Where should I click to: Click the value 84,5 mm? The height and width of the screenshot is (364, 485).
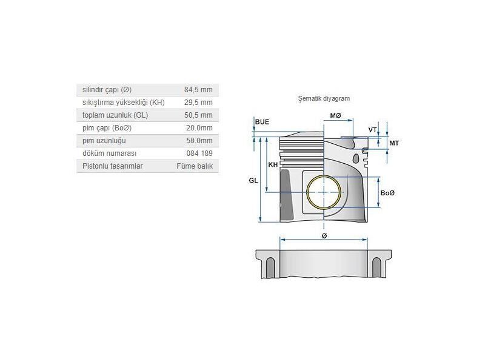[198, 90]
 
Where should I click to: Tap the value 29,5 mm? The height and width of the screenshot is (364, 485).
[198, 103]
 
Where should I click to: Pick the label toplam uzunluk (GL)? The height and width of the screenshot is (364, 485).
[115, 115]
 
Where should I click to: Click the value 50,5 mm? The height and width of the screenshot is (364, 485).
[198, 115]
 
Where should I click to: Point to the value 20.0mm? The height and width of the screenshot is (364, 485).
[199, 128]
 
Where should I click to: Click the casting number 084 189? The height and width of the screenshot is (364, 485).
[199, 153]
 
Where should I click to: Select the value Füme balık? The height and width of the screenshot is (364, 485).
[195, 166]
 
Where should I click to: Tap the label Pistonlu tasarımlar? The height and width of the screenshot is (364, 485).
[113, 166]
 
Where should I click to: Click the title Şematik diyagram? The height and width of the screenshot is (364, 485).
[324, 98]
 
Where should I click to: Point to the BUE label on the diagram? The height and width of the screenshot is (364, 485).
[262, 122]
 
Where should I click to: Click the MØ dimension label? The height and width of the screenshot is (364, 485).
[335, 116]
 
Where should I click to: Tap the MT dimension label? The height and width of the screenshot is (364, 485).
[393, 143]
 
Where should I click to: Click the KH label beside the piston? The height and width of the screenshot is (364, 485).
[273, 165]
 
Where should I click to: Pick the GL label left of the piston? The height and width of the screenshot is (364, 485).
[253, 181]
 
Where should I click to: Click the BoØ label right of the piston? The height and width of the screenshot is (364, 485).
[387, 193]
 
